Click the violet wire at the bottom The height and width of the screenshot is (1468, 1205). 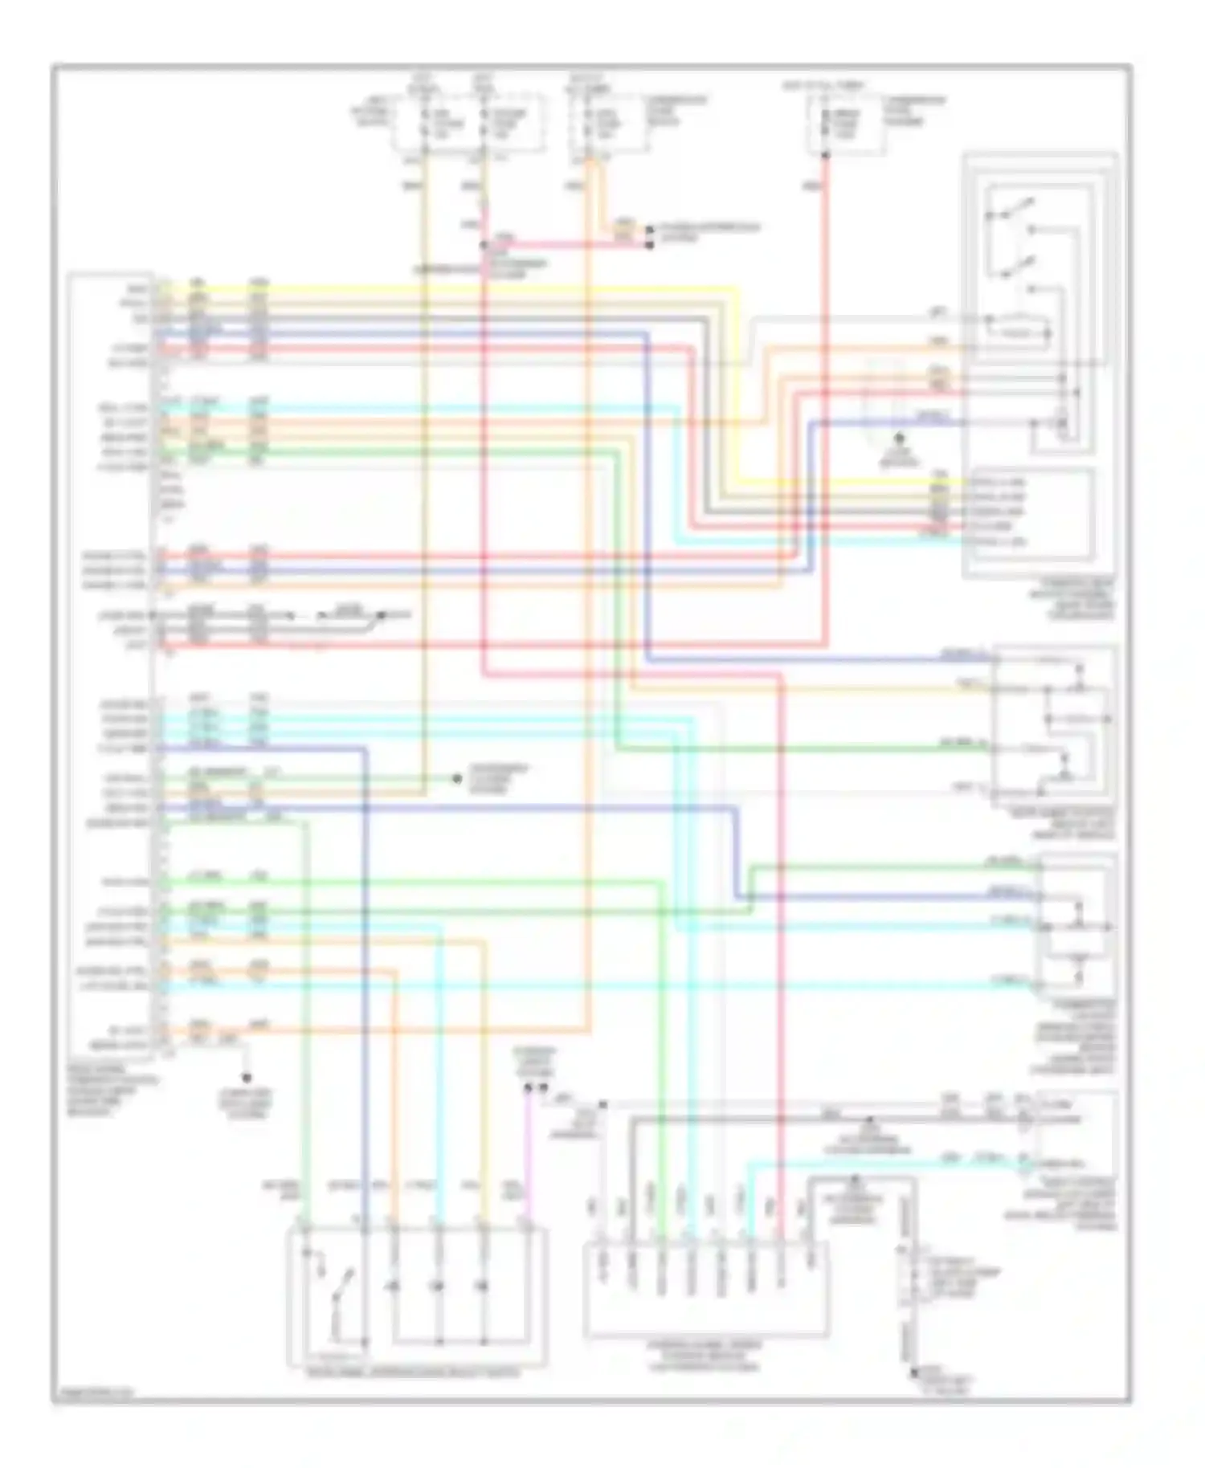coord(527,1156)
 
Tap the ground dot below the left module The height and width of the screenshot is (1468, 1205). coord(247,1078)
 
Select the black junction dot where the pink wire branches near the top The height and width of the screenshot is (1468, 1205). coord(484,245)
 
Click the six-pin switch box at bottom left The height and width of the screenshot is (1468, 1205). coord(417,1295)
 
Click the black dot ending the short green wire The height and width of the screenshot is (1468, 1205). coord(456,779)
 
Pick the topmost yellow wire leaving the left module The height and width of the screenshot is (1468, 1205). coord(450,287)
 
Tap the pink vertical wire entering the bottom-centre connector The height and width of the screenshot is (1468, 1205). coord(780,964)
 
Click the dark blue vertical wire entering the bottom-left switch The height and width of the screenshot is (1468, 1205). coord(366,1004)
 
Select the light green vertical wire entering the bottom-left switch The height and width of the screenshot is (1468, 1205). coord(306,1004)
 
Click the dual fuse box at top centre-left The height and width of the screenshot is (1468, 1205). coord(468,122)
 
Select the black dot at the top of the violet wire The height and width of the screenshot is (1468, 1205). coord(528,1088)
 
